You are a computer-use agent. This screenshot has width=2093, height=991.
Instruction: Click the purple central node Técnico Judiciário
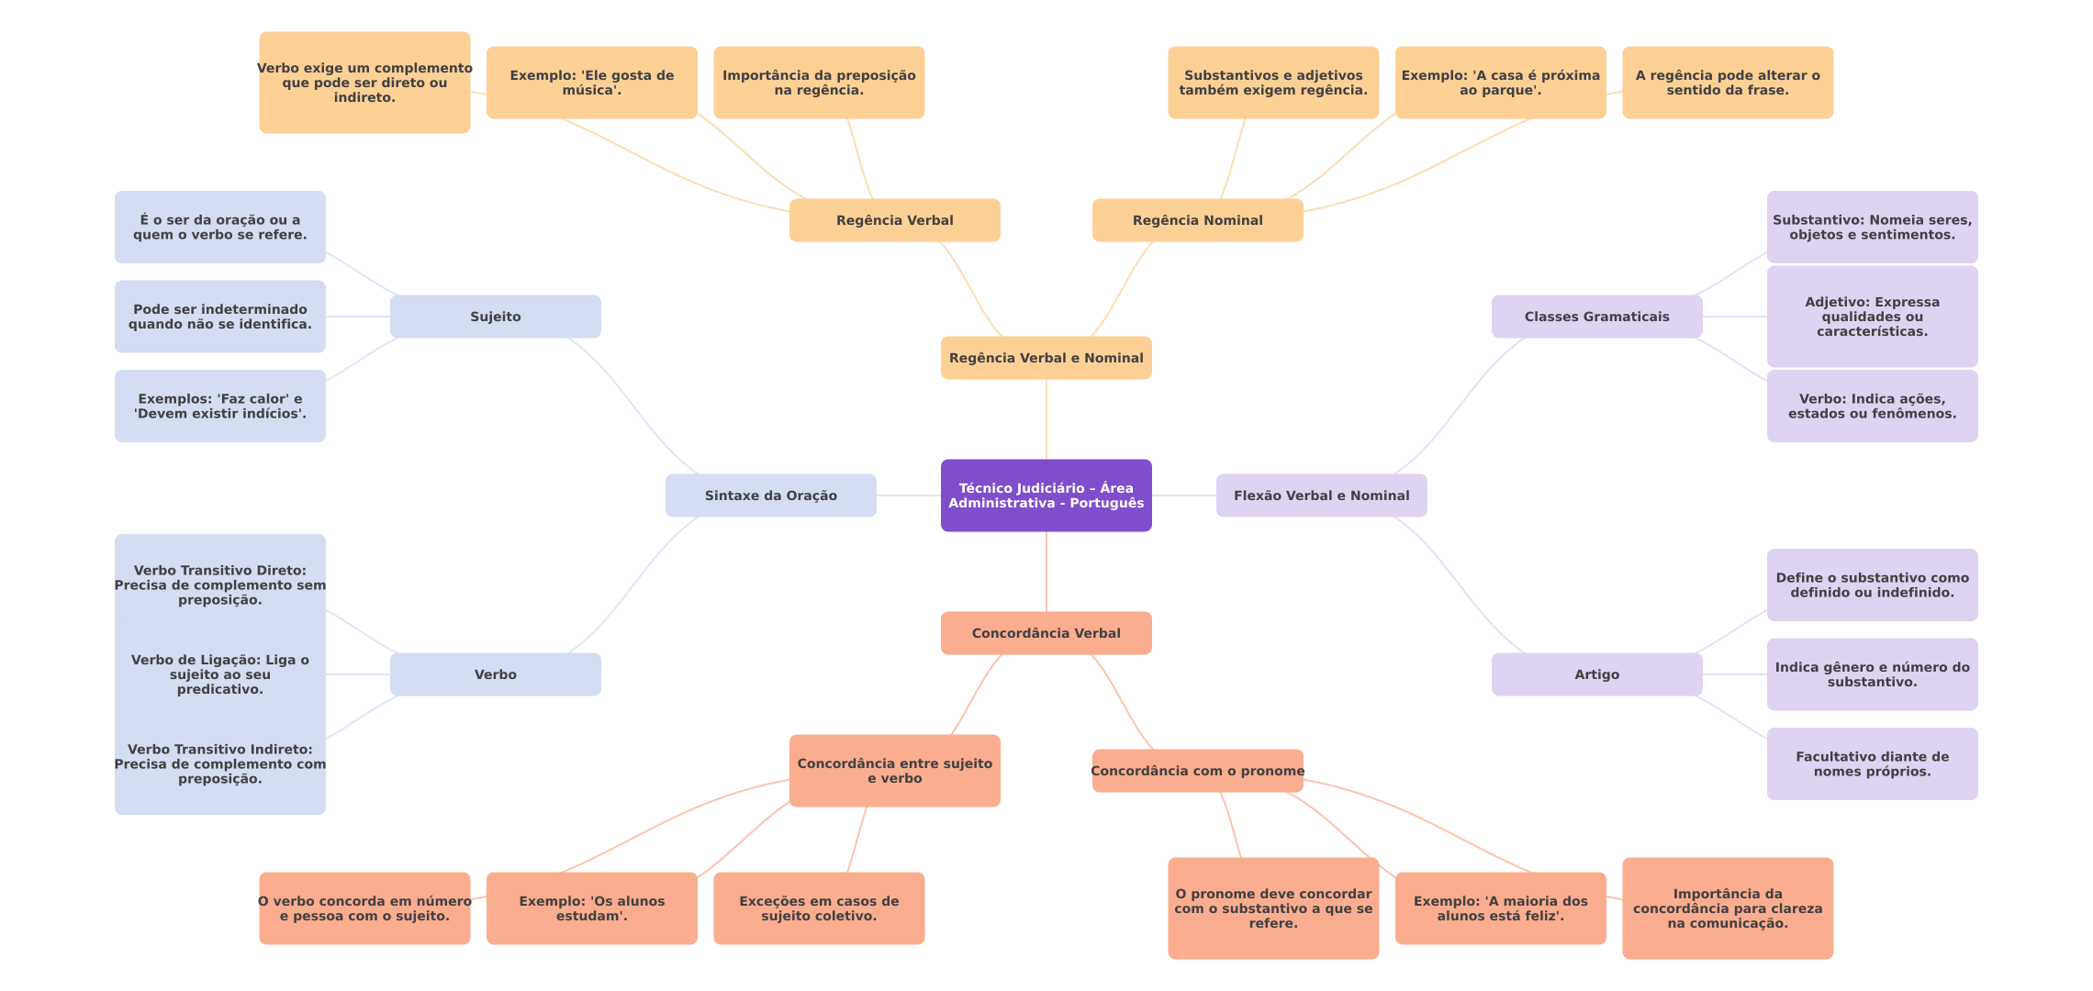tap(1046, 495)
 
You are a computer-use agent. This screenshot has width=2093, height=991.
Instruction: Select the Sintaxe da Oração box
tap(770, 495)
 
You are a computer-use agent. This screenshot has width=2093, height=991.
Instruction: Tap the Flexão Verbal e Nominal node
tap(1321, 495)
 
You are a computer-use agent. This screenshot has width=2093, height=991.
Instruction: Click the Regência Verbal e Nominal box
tap(1046, 358)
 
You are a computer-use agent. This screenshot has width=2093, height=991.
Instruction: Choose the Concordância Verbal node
tap(1046, 633)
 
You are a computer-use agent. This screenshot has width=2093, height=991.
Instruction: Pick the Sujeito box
tap(495, 317)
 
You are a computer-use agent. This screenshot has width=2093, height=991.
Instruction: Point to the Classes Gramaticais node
tap(1596, 317)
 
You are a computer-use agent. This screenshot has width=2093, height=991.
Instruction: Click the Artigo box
tap(1596, 674)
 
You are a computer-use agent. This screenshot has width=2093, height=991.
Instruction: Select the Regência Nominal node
tap(1197, 220)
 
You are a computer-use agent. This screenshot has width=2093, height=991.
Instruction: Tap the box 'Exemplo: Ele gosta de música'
tap(591, 83)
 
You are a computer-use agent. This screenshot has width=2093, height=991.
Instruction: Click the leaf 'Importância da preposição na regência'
tap(819, 83)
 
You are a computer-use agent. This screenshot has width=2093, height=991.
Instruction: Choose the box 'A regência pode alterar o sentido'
tap(1727, 83)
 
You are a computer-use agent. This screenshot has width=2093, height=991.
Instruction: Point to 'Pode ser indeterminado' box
tap(219, 317)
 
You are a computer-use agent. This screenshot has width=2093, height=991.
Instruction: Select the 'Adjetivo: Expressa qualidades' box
tap(1872, 317)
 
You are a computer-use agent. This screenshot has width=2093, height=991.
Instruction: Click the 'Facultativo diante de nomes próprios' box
tap(1872, 763)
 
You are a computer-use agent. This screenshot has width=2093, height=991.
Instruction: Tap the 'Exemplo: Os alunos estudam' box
tap(591, 908)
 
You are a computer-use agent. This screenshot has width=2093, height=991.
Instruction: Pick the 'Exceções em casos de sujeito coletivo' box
tap(819, 908)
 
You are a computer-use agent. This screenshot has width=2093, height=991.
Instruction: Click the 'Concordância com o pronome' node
tap(1197, 771)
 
